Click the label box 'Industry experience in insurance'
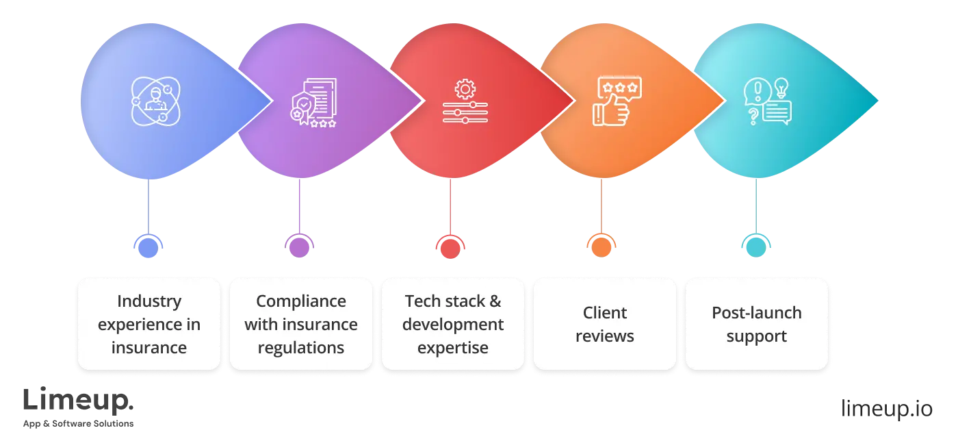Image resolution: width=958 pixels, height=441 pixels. pos(149,324)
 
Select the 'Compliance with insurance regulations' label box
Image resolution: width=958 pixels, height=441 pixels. pos(301,324)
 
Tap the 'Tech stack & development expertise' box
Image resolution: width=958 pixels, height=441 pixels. pos(452,324)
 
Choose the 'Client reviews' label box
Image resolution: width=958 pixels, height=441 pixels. pos(604,324)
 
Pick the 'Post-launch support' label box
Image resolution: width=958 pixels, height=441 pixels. pos(756,324)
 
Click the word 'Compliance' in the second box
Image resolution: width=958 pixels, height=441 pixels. pos(301,301)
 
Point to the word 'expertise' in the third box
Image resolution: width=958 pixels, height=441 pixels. pos(452,347)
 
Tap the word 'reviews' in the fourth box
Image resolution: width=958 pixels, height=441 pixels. pos(604,336)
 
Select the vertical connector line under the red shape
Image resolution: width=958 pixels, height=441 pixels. pos(450,205)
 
